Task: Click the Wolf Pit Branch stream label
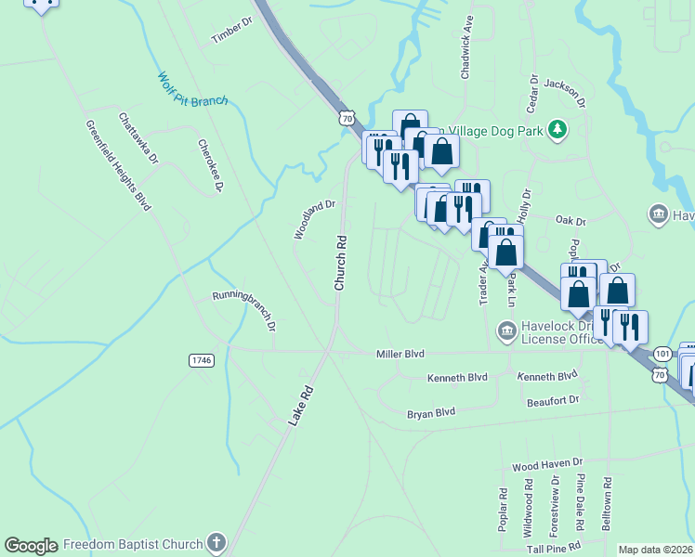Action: pyautogui.click(x=191, y=91)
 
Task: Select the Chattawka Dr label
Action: pyautogui.click(x=138, y=138)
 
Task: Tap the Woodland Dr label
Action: pyautogui.click(x=314, y=219)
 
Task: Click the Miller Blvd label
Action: pyautogui.click(x=400, y=354)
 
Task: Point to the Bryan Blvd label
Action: pyautogui.click(x=431, y=412)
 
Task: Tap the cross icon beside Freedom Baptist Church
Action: pyautogui.click(x=216, y=542)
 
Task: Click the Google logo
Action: pyautogui.click(x=31, y=546)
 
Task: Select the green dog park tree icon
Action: pyautogui.click(x=557, y=130)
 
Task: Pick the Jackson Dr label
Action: pyautogui.click(x=565, y=90)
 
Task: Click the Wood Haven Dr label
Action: pyautogui.click(x=546, y=461)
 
